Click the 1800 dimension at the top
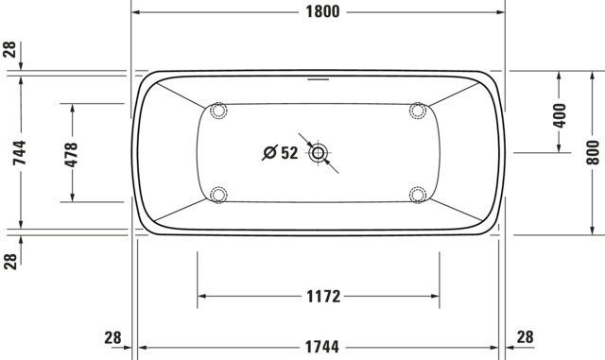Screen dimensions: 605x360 (322, 11)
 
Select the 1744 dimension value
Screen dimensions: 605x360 (322, 347)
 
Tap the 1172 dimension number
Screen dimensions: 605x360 (323, 297)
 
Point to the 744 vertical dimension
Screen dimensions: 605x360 (19, 153)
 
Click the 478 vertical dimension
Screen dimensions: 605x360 (71, 155)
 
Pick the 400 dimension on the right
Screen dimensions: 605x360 (559, 115)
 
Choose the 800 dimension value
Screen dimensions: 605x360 (593, 152)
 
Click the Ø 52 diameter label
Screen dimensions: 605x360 (280, 153)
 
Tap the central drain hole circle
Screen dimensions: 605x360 (318, 153)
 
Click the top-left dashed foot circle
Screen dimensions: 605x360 (218, 111)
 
